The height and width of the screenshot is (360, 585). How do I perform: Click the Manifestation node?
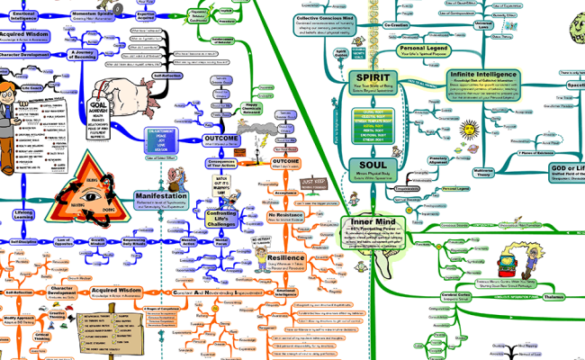coord(161,197)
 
